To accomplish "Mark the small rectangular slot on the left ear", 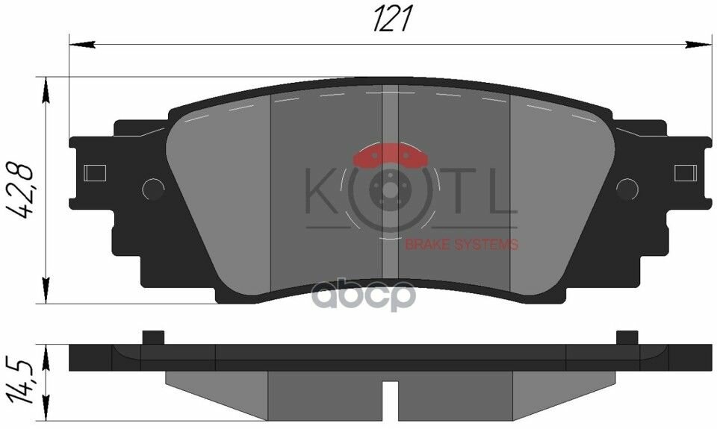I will tap(96, 173).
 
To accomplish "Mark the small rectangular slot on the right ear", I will tap(685, 173).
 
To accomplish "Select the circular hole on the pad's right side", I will tap(628, 190).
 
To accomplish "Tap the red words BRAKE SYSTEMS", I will tap(461, 245).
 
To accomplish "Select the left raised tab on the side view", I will tap(152, 337).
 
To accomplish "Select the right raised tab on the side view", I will tap(627, 337).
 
